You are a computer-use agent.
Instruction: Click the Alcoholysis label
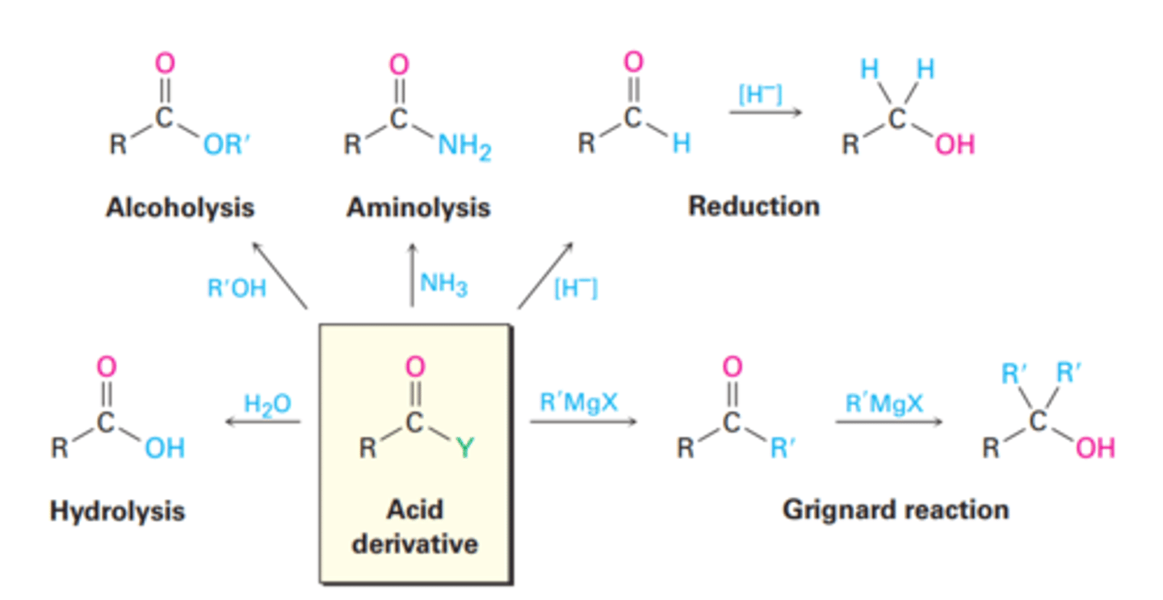(x=179, y=208)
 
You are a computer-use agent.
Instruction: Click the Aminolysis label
(x=418, y=208)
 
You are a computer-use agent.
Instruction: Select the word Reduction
(x=753, y=206)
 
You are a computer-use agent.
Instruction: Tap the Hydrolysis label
(x=117, y=511)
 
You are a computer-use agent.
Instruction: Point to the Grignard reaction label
(x=895, y=510)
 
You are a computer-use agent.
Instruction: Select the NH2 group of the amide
(x=464, y=147)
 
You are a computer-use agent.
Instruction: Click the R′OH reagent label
(x=237, y=288)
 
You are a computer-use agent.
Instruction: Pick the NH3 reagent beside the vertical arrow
(x=443, y=284)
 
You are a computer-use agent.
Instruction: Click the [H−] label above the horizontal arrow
(x=759, y=94)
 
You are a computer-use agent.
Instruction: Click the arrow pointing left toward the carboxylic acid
(x=262, y=422)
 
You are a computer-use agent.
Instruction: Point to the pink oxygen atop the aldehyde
(x=634, y=62)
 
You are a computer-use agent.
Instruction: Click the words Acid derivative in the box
(x=414, y=526)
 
